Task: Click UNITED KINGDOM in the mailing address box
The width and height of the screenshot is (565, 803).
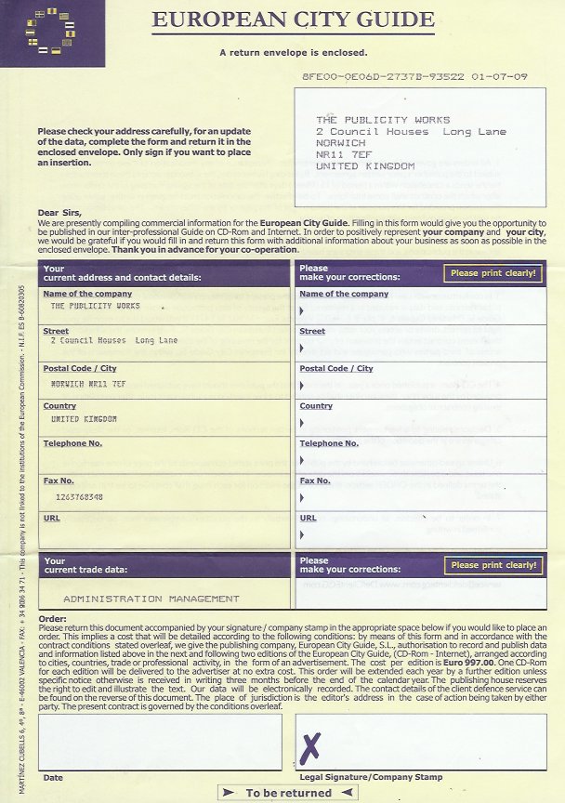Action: (x=364, y=166)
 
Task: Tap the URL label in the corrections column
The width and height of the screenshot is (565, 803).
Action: (x=308, y=518)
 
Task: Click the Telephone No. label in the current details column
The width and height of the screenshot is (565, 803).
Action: (x=72, y=443)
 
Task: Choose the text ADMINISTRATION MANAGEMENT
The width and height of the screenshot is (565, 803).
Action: (x=151, y=599)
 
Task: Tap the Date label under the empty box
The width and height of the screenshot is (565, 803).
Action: (x=53, y=777)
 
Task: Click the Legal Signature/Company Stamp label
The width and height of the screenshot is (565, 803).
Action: (x=371, y=777)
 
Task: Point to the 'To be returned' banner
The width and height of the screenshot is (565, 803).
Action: (x=288, y=793)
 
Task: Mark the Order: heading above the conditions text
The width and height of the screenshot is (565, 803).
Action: (x=53, y=619)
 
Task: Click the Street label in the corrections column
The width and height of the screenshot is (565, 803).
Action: (x=311, y=331)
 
